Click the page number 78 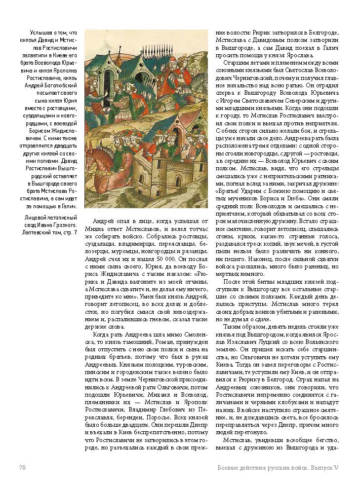click(22, 467)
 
